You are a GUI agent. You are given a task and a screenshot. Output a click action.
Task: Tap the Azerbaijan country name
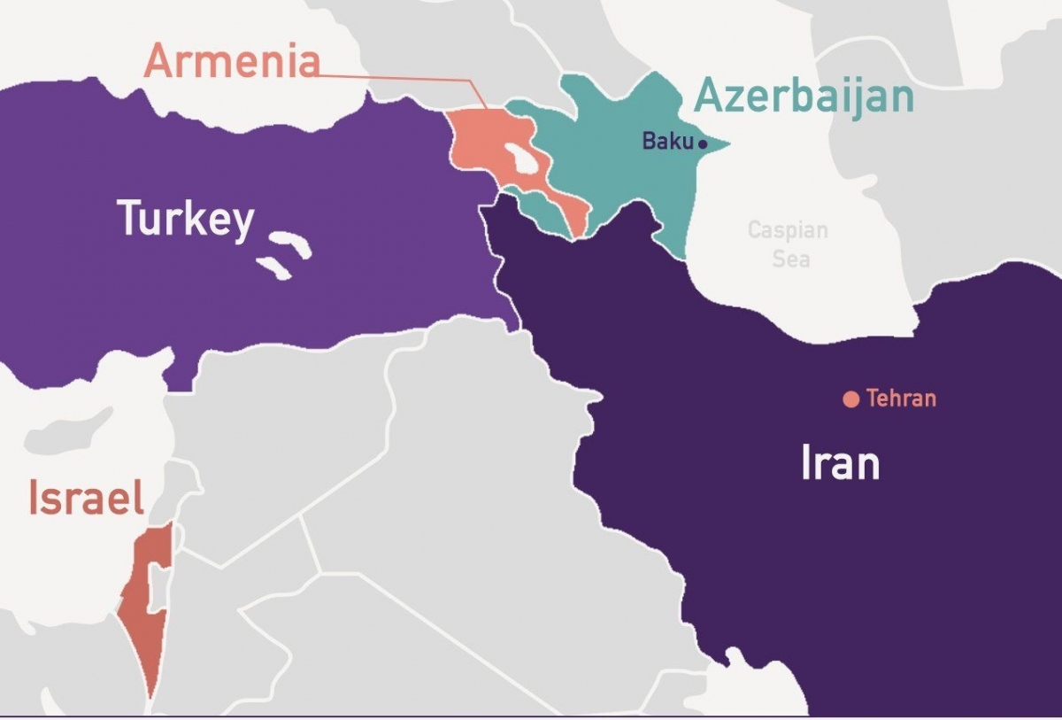(804, 96)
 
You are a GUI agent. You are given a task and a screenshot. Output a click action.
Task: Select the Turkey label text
(186, 218)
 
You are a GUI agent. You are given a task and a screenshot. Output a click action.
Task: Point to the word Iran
(840, 463)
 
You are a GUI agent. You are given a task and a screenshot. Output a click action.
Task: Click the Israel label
(86, 498)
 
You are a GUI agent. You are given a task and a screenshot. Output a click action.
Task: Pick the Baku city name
(667, 141)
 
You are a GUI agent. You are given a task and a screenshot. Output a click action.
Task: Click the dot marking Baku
(703, 143)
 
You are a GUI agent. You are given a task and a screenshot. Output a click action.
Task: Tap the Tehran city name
(901, 399)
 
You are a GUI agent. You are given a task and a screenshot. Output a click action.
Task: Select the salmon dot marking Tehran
(850, 399)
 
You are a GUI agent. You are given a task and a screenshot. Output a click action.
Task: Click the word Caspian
(788, 231)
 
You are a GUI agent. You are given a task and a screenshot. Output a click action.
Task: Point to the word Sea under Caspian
(790, 258)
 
